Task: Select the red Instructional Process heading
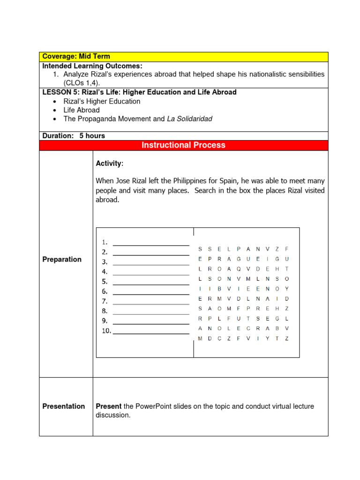pyautogui.click(x=183, y=145)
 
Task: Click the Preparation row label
pyautogui.click(x=62, y=259)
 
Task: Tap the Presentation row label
pyautogui.click(x=64, y=406)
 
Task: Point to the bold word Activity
pyautogui.click(x=109, y=164)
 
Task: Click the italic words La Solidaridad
pyautogui.click(x=189, y=119)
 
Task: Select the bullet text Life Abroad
pyautogui.click(x=82, y=110)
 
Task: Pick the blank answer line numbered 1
pyautogui.click(x=151, y=244)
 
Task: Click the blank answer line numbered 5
pyautogui.click(x=151, y=284)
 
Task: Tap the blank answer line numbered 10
pyautogui.click(x=151, y=333)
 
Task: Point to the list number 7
pyautogui.click(x=105, y=301)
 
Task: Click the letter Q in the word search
pyautogui.click(x=239, y=269)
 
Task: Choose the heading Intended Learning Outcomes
pyautogui.click(x=92, y=66)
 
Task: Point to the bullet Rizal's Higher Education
pyautogui.click(x=102, y=101)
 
